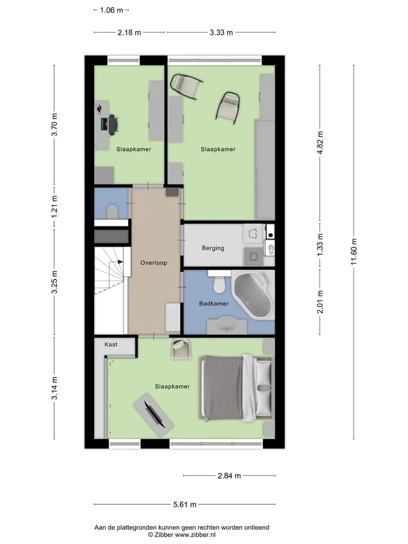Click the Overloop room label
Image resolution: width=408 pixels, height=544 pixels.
pyautogui.click(x=154, y=262)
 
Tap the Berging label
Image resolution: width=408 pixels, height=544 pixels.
pyautogui.click(x=213, y=248)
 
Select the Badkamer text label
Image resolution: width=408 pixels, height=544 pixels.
pyautogui.click(x=214, y=304)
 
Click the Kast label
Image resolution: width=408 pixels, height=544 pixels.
pyautogui.click(x=110, y=344)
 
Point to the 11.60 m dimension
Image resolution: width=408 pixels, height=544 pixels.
pyautogui.click(x=354, y=252)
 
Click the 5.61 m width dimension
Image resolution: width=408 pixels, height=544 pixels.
pyautogui.click(x=185, y=504)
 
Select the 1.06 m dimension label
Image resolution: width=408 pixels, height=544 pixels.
pyautogui.click(x=112, y=10)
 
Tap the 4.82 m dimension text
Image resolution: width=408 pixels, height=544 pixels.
pyautogui.click(x=320, y=143)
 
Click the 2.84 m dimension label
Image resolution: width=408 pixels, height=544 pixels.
pyautogui.click(x=229, y=475)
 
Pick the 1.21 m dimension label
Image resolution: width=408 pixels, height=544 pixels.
pyautogui.click(x=54, y=207)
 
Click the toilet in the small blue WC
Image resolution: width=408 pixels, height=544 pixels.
pyautogui.click(x=112, y=211)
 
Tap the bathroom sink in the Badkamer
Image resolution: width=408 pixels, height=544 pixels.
pyautogui.click(x=227, y=324)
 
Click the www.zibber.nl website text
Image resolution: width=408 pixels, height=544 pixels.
pyautogui.click(x=195, y=534)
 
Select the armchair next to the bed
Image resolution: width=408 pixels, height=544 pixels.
pyautogui.click(x=181, y=349)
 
